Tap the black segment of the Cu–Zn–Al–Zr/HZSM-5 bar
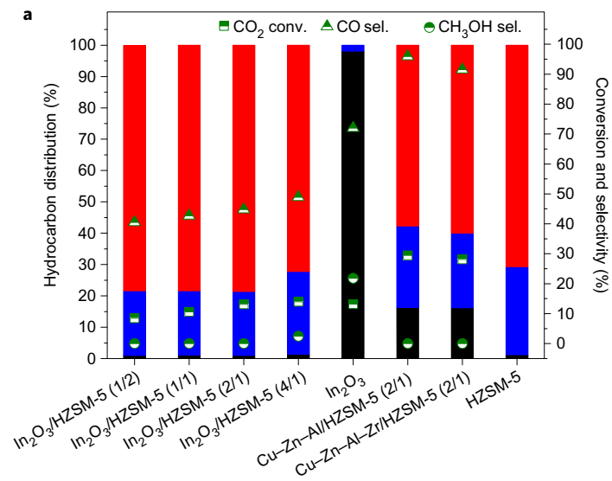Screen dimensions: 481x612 pyautogui.click(x=462, y=333)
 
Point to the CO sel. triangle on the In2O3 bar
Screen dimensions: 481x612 pyautogui.click(x=353, y=127)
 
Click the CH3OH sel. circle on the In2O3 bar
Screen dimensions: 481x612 pyautogui.click(x=353, y=279)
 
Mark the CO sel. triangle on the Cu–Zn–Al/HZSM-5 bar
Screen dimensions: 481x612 pyautogui.click(x=407, y=55)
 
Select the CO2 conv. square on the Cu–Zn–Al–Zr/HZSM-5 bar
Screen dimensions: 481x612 pyautogui.click(x=462, y=259)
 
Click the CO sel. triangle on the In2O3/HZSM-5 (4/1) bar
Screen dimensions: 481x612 pyautogui.click(x=298, y=196)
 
